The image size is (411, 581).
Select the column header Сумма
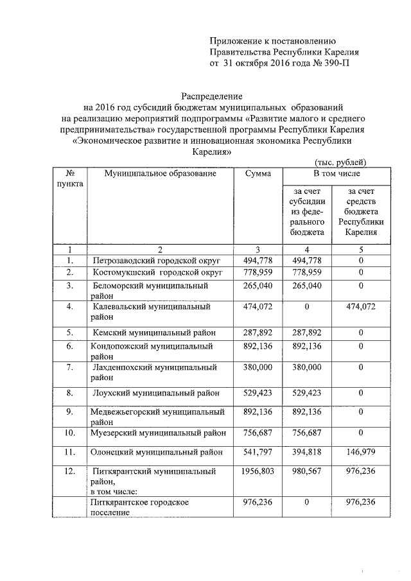(258, 174)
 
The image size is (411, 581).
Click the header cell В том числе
(337, 174)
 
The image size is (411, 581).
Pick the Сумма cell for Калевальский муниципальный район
(258, 307)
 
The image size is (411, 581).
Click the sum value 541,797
(258, 453)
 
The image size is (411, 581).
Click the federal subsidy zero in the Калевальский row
(306, 307)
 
